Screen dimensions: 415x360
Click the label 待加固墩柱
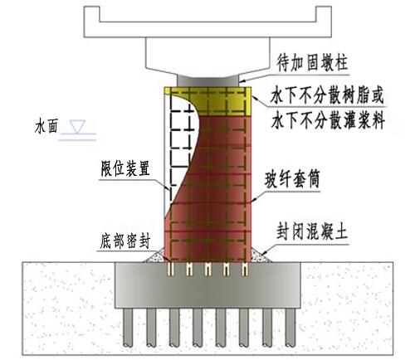pyautogui.click(x=312, y=63)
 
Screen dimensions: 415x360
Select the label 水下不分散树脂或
pyautogui.click(x=327, y=95)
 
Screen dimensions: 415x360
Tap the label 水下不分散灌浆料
pyautogui.click(x=328, y=120)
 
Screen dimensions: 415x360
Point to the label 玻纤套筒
pyautogui.click(x=292, y=178)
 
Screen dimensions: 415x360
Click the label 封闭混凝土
pyautogui.click(x=312, y=231)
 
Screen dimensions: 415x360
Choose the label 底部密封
pyautogui.click(x=125, y=241)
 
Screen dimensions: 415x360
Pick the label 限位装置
pyautogui.click(x=125, y=168)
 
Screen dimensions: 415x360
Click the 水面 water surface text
pyautogui.click(x=46, y=127)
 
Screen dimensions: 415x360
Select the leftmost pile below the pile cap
pyautogui.click(x=128, y=328)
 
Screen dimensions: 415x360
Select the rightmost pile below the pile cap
pyautogui.click(x=290, y=328)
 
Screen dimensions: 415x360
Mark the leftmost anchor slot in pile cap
pyautogui.click(x=171, y=270)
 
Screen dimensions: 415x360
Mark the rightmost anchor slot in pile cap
pyautogui.click(x=245, y=270)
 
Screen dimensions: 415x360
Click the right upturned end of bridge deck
pyautogui.click(x=324, y=14)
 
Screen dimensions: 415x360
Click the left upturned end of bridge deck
pyautogui.click(x=92, y=14)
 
